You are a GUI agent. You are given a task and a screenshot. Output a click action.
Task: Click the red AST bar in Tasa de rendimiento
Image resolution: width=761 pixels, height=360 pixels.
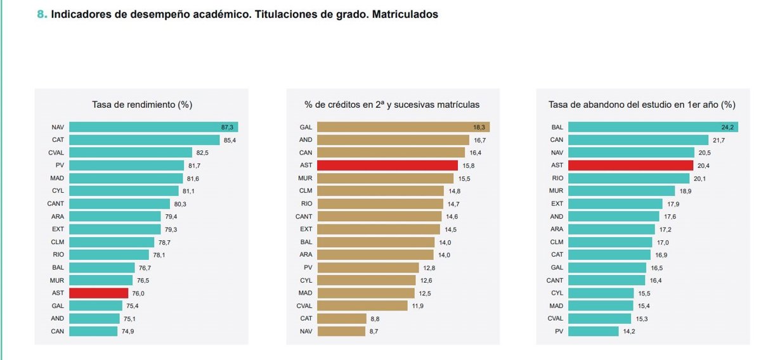98,293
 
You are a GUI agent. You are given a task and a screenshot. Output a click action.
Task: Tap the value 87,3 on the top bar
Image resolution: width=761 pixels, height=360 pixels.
227,127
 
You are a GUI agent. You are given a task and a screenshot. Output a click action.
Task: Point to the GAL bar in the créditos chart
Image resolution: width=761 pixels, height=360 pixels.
403,127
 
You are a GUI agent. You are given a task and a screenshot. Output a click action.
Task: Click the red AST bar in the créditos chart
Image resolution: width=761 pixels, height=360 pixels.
387,165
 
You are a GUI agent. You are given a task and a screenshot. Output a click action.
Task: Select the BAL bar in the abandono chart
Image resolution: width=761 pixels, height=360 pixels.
653,127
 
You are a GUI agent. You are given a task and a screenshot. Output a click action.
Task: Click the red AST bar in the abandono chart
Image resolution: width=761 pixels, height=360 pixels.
630,165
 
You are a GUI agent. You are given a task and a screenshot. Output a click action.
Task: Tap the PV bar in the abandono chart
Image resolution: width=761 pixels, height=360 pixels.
593,331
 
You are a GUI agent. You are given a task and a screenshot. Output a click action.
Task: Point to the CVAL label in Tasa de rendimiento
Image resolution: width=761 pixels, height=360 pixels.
56,153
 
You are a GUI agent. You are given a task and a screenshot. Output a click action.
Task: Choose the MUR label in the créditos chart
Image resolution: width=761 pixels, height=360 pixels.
306,178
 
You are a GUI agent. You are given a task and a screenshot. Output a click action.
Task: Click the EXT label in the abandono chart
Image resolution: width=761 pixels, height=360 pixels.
557,203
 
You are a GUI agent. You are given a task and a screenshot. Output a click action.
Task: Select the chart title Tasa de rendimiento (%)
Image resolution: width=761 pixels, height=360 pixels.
142,104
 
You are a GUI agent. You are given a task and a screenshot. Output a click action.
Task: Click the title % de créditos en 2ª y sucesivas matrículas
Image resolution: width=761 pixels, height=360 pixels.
392,104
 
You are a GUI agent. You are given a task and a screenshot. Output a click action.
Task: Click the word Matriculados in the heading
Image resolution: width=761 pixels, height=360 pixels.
406,14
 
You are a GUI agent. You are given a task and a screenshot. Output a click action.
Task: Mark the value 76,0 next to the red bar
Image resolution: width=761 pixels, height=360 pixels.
138,293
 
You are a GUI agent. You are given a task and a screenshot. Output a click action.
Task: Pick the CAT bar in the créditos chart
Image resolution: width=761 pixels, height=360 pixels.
341,318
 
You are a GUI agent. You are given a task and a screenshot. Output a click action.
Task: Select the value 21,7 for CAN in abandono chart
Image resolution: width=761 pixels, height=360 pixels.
719,140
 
